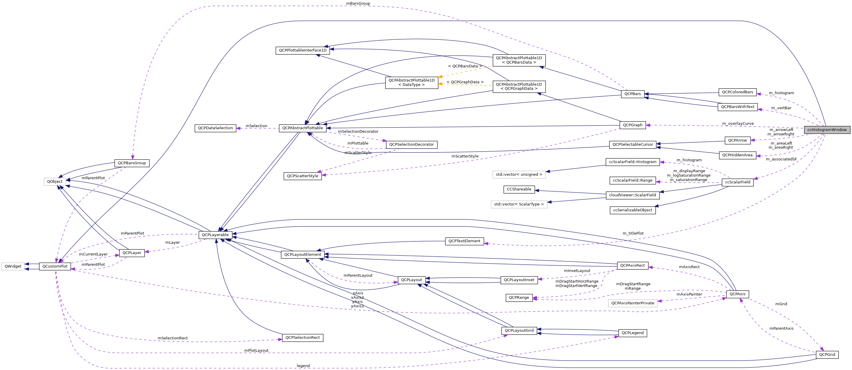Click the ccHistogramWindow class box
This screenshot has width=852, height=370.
827,130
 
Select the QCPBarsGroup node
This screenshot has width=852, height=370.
132,163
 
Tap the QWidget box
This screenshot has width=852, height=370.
13,266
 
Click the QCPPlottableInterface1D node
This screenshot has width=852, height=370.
302,51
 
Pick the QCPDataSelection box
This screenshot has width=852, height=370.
215,128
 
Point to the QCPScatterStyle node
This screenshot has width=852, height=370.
302,176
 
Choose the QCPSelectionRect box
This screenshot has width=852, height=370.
302,338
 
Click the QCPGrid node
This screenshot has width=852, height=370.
827,355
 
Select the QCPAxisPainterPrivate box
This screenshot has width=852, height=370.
632,303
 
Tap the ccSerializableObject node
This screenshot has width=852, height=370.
632,210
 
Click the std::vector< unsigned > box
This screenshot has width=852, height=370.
519,175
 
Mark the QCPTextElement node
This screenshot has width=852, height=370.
464,241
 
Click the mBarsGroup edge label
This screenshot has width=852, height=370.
358,3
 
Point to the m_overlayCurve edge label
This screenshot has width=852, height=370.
738,124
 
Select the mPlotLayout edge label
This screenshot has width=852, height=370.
256,351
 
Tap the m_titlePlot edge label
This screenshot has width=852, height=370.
633,233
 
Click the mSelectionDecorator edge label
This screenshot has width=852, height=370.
358,132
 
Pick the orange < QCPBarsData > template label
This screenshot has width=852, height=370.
465,66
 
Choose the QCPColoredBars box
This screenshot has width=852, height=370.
737,92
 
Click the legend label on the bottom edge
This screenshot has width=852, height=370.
303,366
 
